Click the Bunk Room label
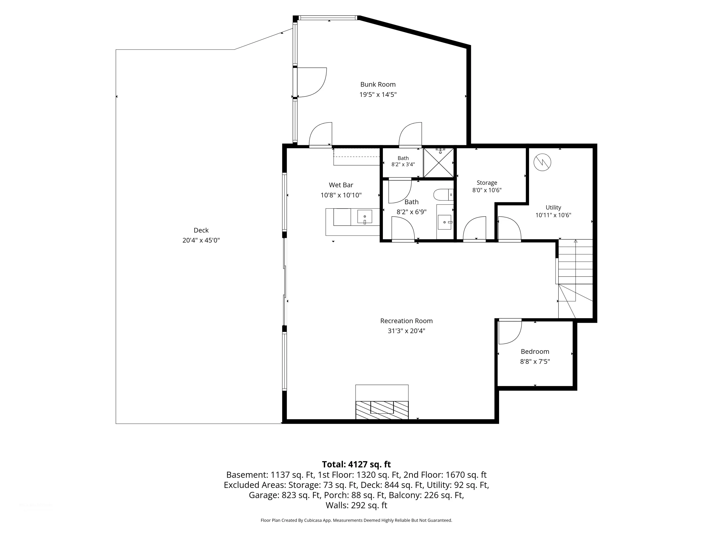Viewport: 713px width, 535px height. point(378,84)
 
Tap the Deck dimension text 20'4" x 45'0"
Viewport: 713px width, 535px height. point(201,240)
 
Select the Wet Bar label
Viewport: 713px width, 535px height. point(341,185)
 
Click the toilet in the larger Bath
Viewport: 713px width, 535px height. point(443,195)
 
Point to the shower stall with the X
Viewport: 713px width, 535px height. point(438,163)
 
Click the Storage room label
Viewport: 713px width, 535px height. point(487,183)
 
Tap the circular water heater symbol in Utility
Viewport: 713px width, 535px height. point(543,162)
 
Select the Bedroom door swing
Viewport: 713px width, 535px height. point(510,332)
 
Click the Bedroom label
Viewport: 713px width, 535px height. point(535,351)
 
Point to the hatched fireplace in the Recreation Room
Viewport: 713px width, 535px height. point(382,410)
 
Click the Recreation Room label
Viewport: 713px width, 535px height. point(406,321)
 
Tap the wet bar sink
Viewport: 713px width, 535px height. point(365,217)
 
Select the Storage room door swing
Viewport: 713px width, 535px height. point(474,229)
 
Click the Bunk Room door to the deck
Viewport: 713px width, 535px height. point(311,82)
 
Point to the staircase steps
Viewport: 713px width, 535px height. point(575,262)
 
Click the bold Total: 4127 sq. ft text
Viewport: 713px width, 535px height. point(356,464)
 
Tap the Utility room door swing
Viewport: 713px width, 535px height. point(510,229)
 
